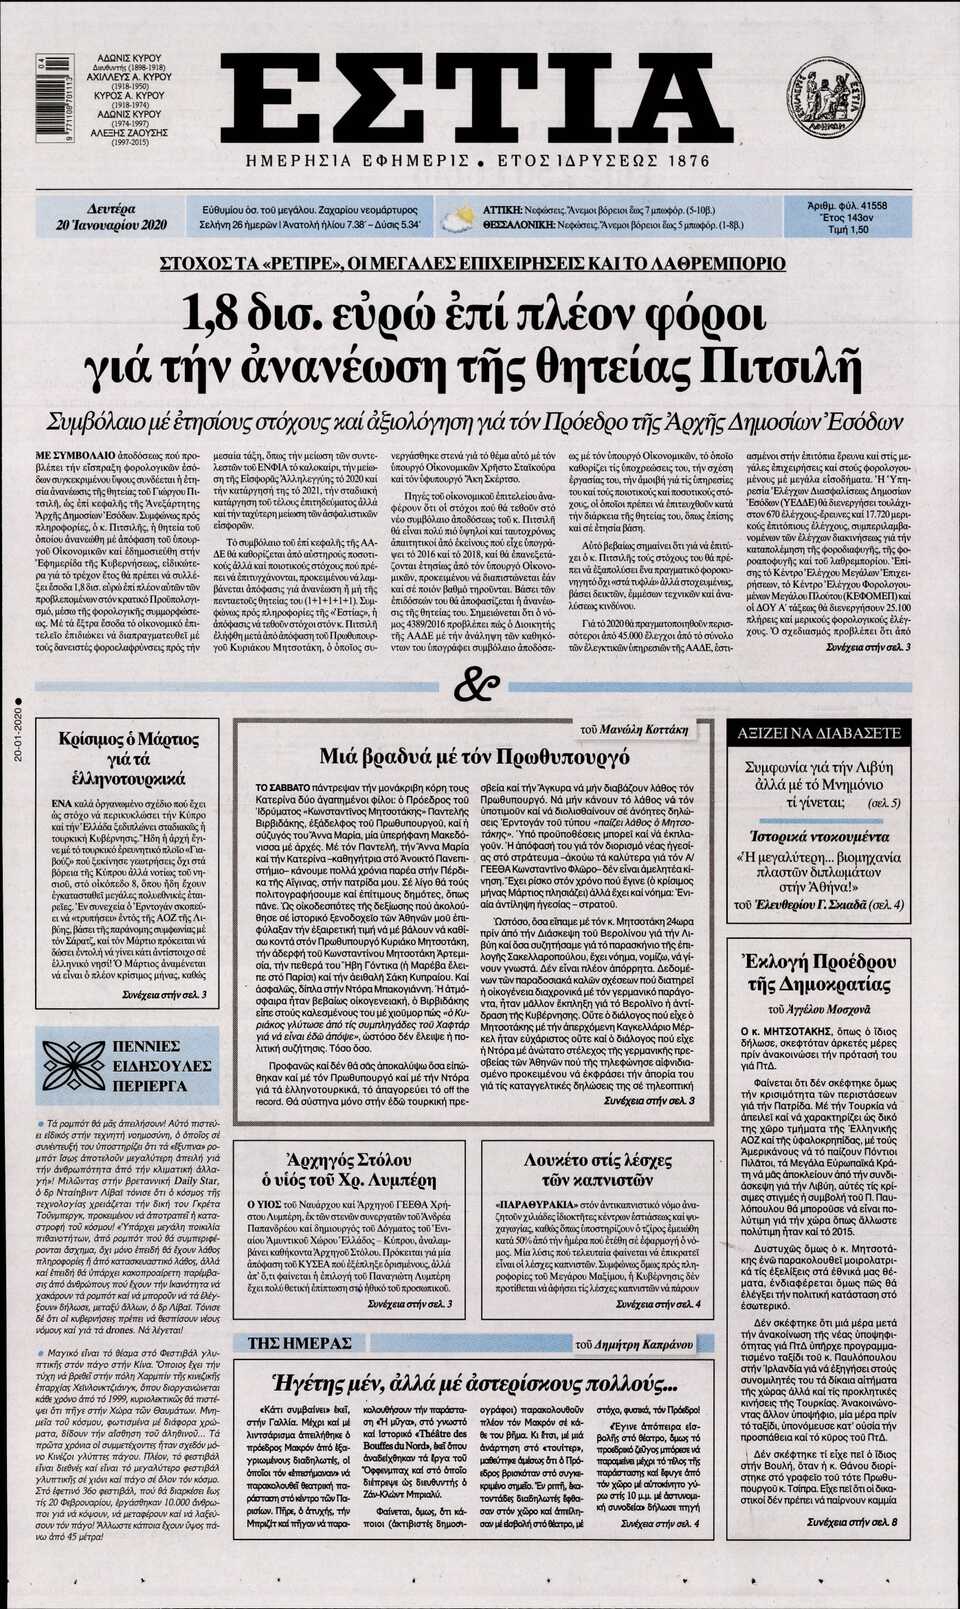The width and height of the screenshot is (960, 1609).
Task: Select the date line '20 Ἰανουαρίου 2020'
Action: [x=111, y=225]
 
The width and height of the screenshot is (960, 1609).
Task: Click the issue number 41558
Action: [x=866, y=205]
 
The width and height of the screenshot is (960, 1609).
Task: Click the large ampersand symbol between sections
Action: [x=476, y=686]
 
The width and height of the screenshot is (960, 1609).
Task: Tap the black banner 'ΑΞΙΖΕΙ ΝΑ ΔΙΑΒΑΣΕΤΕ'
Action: [x=818, y=733]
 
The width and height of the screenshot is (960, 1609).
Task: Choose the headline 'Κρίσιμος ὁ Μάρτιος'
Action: [x=129, y=739]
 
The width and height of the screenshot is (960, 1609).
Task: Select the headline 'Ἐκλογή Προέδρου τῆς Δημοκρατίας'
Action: [x=819, y=973]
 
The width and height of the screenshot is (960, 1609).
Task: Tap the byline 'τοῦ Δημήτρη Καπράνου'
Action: [x=643, y=1344]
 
